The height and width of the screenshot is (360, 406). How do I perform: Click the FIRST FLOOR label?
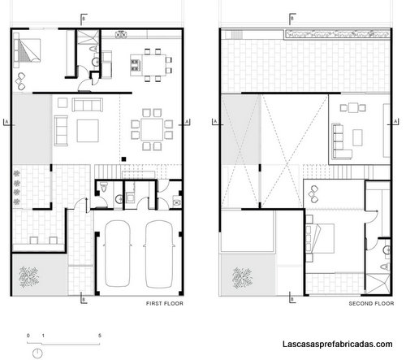tap(165, 303)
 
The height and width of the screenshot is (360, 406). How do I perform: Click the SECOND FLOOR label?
tap(371, 303)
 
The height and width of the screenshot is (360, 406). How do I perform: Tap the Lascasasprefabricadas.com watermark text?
tap(338, 344)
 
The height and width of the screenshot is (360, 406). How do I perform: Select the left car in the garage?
tap(118, 254)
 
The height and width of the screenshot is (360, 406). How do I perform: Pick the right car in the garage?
tap(159, 254)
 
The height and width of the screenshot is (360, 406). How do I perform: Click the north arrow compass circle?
tap(37, 353)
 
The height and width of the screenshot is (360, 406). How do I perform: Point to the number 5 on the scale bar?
tap(100, 336)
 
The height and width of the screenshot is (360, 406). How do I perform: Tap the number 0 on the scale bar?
tap(28, 336)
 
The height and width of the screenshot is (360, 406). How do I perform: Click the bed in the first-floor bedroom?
tap(27, 50)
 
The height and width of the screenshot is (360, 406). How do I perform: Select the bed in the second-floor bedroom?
tap(320, 238)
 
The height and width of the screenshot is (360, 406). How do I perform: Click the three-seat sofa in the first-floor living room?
tap(87, 105)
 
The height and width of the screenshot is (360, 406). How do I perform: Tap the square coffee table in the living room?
tap(88, 131)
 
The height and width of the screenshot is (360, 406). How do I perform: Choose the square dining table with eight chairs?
tap(152, 129)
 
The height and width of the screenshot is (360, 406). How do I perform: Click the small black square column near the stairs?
tap(123, 159)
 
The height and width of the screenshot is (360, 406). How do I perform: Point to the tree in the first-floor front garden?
tap(29, 277)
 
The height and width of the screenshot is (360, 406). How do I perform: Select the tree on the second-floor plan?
tap(243, 278)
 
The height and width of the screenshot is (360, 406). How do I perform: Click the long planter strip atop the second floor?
tap(338, 34)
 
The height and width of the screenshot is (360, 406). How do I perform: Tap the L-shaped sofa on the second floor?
tap(342, 141)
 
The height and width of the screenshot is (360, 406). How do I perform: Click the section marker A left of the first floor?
tap(7, 122)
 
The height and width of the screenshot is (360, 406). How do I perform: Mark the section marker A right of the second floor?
tap(395, 122)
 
